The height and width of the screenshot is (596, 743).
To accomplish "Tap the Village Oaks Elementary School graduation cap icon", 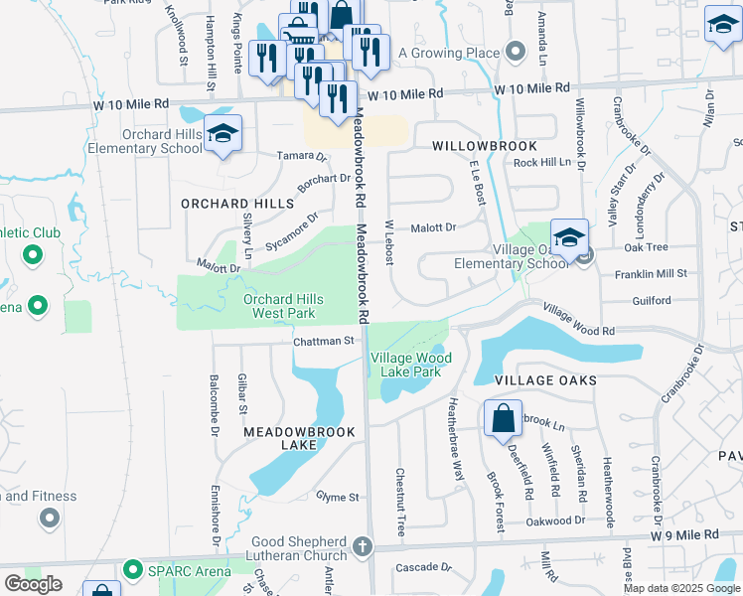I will pos(569,238).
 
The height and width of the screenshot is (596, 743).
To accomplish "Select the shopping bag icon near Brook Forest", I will pos(503,419).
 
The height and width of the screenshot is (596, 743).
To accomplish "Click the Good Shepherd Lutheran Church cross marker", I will pos(364,546).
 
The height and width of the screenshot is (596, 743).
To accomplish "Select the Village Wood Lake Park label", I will pos(411,365).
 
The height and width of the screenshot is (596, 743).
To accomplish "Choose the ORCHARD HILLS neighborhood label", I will pos(223,203).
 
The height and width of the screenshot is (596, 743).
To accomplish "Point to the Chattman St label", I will pos(323,341).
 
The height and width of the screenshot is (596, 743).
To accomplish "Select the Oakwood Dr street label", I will pos(555,521).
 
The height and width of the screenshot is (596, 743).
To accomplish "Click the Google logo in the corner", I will pos(33,584).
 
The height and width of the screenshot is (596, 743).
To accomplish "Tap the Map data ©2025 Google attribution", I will pos(680,588).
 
